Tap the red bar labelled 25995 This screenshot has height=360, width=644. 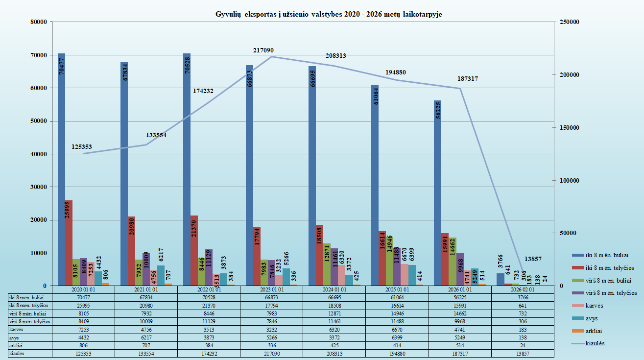coord(69,242)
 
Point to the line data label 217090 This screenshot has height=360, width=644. coord(263,50)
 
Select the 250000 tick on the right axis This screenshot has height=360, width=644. coord(569,22)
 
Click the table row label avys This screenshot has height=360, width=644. coord(14,337)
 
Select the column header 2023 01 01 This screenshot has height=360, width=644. coord(271,289)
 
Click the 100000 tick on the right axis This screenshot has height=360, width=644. coord(569,180)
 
